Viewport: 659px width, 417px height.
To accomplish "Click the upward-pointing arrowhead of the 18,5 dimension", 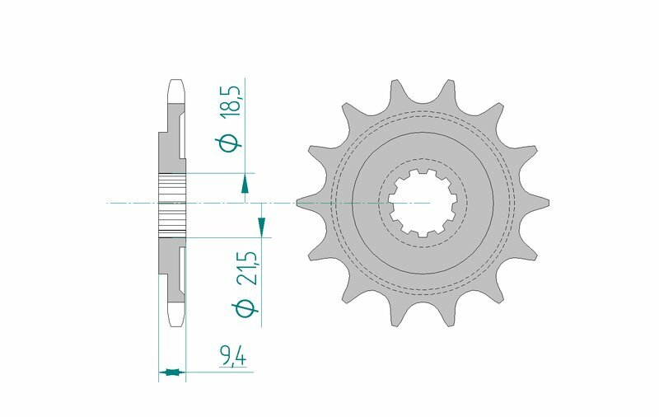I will click(245, 189).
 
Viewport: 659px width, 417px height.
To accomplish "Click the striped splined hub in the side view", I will click(173, 202).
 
